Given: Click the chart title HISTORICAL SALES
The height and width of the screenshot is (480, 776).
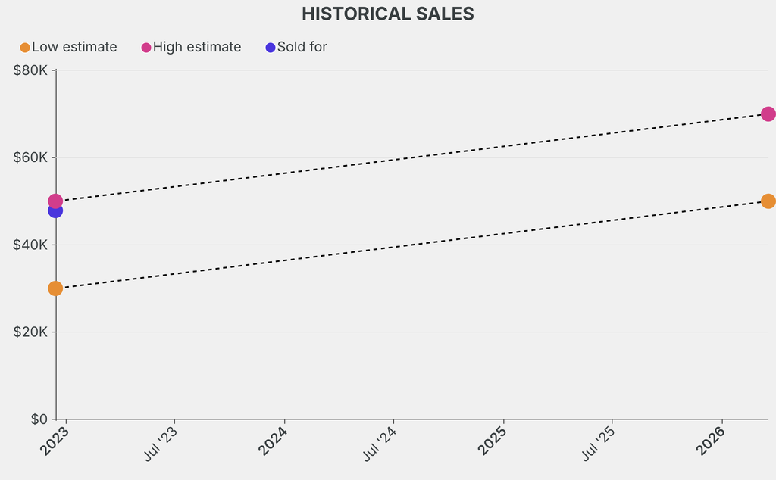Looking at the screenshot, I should tap(387, 14).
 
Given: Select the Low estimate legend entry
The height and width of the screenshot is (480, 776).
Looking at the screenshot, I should tap(68, 47).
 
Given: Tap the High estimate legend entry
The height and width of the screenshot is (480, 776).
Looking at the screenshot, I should tap(191, 47).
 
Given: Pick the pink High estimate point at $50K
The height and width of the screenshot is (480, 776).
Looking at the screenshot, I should tap(55, 201).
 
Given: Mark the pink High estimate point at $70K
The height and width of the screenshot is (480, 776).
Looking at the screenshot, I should tap(768, 114).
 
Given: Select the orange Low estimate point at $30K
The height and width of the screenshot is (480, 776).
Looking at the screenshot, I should tap(55, 288).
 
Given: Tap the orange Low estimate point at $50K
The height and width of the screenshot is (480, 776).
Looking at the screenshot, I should tap(768, 201).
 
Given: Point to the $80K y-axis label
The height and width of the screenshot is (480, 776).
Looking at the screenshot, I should tap(31, 70).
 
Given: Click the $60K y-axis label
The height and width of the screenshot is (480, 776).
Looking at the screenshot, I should tap(31, 157).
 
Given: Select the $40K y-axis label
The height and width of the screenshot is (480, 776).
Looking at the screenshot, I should tap(31, 245).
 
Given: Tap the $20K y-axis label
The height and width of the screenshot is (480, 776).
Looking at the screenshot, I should tap(31, 332).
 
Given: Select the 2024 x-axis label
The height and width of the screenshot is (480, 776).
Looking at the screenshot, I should tap(274, 441).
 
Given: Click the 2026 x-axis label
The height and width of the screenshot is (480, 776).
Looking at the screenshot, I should tap(712, 441).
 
